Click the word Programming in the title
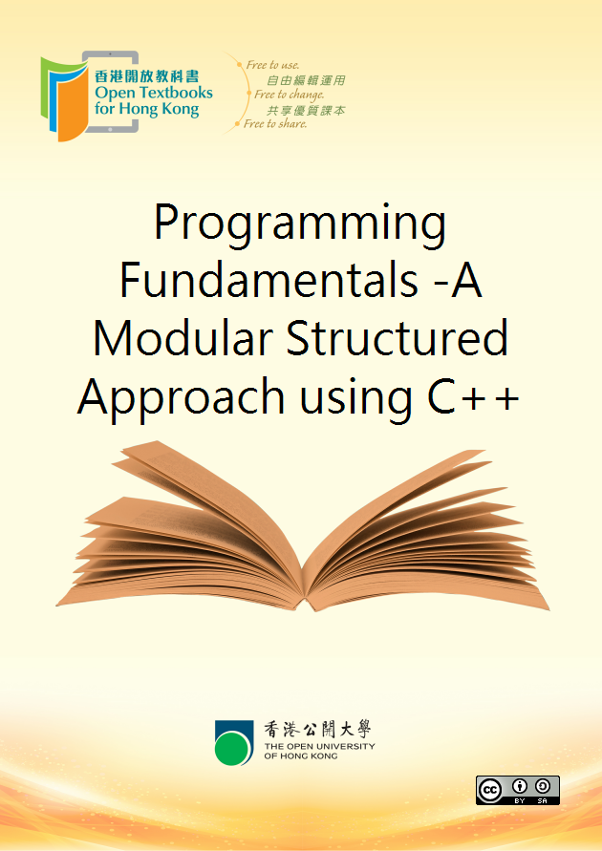pyautogui.click(x=300, y=224)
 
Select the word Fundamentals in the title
pyautogui.click(x=269, y=280)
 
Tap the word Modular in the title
pyautogui.click(x=183, y=339)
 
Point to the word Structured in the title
pyautogui.click(x=398, y=339)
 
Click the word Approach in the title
pyautogui.click(x=182, y=399)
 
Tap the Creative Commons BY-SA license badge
pyautogui.click(x=517, y=790)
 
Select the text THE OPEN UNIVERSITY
pyautogui.click(x=319, y=746)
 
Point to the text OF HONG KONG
pyautogui.click(x=301, y=756)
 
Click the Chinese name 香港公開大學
pyautogui.click(x=317, y=730)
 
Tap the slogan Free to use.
pyautogui.click(x=272, y=65)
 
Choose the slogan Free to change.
pyautogui.click(x=289, y=95)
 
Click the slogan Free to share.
pyautogui.click(x=275, y=124)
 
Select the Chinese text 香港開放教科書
pyautogui.click(x=146, y=76)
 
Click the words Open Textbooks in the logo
pyautogui.click(x=154, y=94)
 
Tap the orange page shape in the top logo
pyautogui.click(x=73, y=103)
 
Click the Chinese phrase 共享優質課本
pyautogui.click(x=306, y=110)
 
